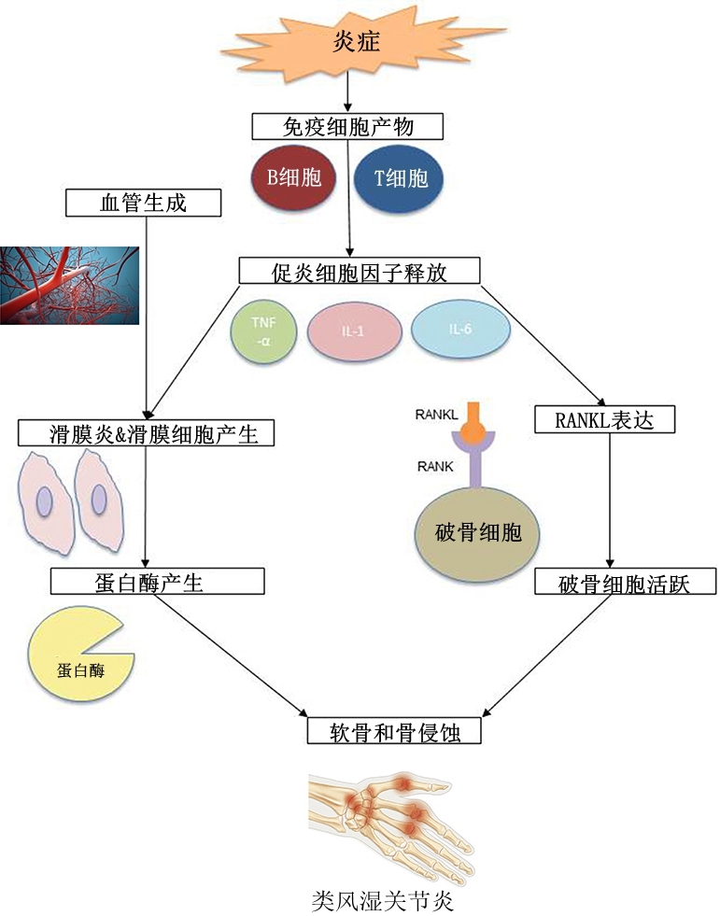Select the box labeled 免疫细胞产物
pos(346,125)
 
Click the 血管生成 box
pos(143,202)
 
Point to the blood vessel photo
pos(69,285)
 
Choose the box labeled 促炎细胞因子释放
pos(360,272)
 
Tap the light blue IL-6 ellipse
pos(460,331)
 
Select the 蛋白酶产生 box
pos(157,583)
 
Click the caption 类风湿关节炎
pos(383,902)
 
